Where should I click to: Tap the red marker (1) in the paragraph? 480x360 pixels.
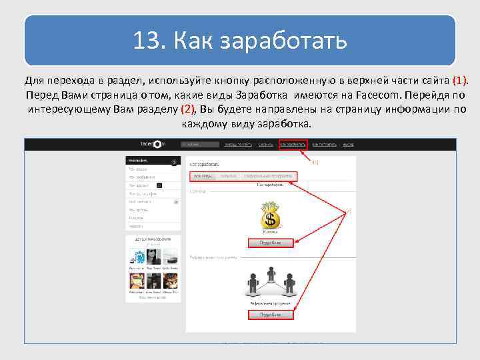coord(460,81)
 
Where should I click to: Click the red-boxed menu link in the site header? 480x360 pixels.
coord(293,143)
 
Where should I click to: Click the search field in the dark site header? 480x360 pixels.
coord(201,143)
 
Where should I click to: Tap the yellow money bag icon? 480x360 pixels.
coord(270,215)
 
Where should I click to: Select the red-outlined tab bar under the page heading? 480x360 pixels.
coord(243,176)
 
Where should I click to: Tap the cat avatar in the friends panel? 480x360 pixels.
coord(171,280)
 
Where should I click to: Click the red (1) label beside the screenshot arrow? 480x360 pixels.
coord(315,162)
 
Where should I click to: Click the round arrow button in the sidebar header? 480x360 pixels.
coord(174,162)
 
